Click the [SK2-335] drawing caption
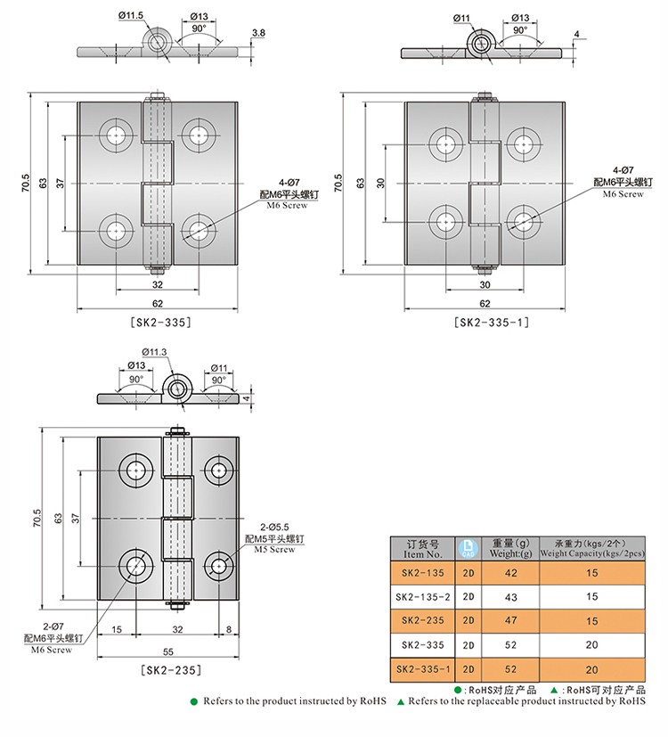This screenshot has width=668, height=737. coord(160,323)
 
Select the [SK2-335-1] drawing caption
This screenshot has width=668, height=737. coord(492,323)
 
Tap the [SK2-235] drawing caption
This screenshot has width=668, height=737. coord(171,670)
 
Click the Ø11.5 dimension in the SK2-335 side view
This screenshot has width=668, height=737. coord(131,15)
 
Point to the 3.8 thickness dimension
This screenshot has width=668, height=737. coord(258,33)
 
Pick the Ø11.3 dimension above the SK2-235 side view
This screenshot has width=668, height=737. coord(154,352)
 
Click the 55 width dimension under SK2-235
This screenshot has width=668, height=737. coord(167,651)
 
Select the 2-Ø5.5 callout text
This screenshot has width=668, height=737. coord(275,528)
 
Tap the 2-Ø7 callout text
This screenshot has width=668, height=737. coord(53,626)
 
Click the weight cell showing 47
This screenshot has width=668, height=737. coord(510,620)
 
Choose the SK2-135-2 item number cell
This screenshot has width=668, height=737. coord(423,597)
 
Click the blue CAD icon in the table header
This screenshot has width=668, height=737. coord(468,548)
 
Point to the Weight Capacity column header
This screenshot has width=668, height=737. coord(592,549)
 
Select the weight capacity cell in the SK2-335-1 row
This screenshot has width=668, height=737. coord(592,669)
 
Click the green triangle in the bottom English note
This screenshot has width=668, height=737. coord(401,702)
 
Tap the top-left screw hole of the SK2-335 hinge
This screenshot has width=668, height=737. coord(115,136)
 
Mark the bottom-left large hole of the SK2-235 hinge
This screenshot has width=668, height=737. coord(135,565)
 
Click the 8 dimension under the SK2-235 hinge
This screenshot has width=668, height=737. coord(229,629)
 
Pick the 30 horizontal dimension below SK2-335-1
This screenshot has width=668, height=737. coord(485,284)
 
